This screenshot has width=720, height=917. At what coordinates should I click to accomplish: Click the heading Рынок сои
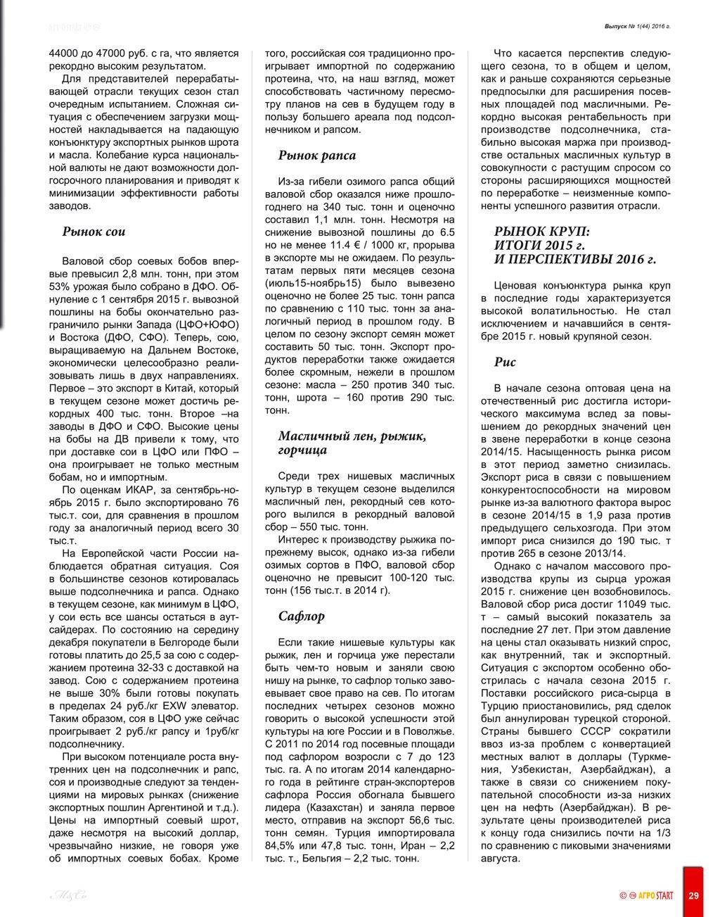(94, 232)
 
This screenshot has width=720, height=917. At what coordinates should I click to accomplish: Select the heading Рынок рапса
(317, 156)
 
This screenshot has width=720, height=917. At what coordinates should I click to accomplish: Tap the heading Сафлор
(302, 616)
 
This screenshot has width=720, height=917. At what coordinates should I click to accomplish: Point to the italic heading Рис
(505, 362)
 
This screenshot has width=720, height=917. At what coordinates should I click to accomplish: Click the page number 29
(694, 895)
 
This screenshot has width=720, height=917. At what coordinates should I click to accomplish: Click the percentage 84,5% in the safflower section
(280, 845)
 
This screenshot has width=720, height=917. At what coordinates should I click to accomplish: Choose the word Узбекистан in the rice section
(537, 770)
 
